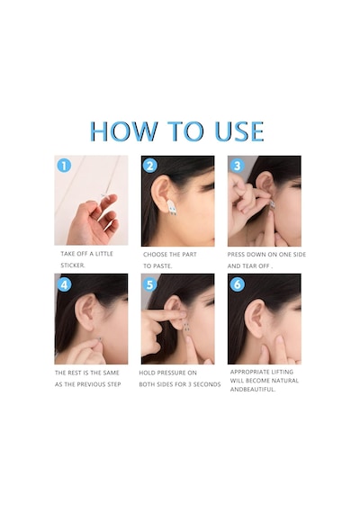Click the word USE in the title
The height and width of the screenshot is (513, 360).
tap(239, 131)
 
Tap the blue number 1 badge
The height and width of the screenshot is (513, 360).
tap(64, 166)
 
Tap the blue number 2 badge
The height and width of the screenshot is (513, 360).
tap(150, 166)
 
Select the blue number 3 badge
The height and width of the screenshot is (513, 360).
tap(238, 166)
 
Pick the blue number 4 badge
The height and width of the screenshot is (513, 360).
tap(64, 284)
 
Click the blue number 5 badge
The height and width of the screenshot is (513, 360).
tap(150, 284)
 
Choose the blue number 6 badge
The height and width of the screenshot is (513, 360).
tap(238, 284)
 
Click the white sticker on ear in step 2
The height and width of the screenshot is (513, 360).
tap(172, 208)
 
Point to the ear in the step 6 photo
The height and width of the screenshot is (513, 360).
tap(255, 319)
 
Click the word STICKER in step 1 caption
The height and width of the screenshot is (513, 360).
tap(73, 265)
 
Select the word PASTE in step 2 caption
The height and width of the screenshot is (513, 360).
tap(162, 266)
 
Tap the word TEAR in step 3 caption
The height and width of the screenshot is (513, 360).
tap(250, 266)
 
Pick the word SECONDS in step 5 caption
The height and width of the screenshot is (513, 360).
tap(207, 384)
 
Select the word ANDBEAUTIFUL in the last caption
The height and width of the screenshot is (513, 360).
tap(253, 390)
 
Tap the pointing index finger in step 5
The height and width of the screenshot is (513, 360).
tap(166, 316)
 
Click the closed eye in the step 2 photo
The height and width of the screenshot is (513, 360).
tap(207, 187)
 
